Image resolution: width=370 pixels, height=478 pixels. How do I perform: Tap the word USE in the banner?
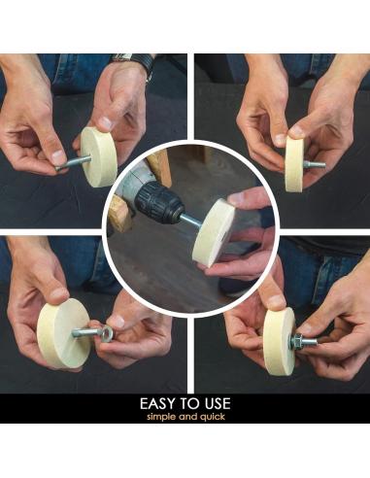tap(217, 404)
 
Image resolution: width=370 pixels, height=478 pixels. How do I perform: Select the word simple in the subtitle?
tap(161, 417)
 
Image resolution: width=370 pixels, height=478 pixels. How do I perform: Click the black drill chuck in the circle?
tap(159, 202)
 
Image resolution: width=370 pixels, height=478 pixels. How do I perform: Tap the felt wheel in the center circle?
tap(213, 233)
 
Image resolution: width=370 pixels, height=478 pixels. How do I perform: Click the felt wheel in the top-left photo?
tap(98, 156)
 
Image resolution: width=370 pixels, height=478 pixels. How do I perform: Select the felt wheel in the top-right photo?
tap(294, 163)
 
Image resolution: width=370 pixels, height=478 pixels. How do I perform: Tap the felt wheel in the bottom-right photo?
tap(279, 341)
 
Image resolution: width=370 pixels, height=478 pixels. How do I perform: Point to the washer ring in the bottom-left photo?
tap(106, 333)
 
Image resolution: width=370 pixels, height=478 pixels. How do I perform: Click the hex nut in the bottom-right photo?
tap(296, 341)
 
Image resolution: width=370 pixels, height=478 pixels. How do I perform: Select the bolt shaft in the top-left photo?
tap(74, 162)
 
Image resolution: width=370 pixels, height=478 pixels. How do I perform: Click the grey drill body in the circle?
tap(129, 187)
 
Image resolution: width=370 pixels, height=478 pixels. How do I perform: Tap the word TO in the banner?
tap(190, 404)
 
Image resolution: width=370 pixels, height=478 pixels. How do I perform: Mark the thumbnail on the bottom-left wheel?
tap(59, 294)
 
